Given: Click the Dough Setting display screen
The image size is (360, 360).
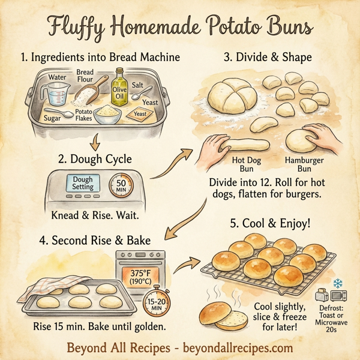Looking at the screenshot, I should tap(82, 183).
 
